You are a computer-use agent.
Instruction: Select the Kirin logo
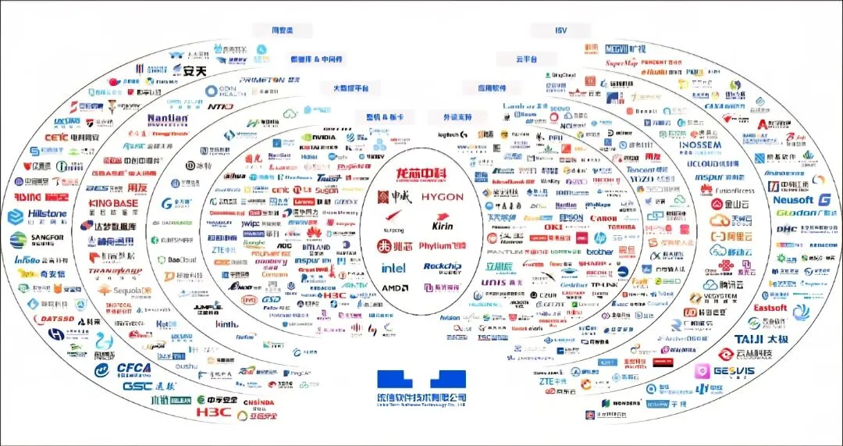click(x=442, y=226)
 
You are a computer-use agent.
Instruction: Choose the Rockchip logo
click(x=443, y=267)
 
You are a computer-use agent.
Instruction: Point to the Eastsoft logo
click(x=770, y=308)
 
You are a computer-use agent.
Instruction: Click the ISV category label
click(x=560, y=30)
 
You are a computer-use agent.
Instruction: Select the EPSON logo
click(x=571, y=217)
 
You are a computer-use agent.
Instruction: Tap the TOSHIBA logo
click(x=624, y=227)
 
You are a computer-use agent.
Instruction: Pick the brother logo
click(x=599, y=252)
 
